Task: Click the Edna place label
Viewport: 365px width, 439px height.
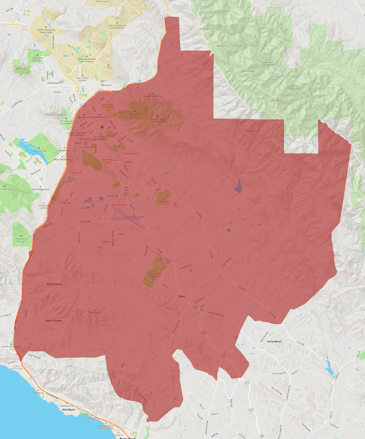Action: pyautogui.click(x=182, y=296)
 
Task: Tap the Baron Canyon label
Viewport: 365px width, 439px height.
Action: pyautogui.click(x=55, y=284)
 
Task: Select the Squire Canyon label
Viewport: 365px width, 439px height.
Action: pyautogui.click(x=54, y=320)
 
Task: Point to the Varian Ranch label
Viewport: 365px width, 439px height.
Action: pyautogui.click(x=274, y=341)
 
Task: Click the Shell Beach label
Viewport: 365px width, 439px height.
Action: pyautogui.click(x=69, y=410)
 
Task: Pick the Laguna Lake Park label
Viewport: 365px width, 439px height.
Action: pyautogui.click(x=39, y=151)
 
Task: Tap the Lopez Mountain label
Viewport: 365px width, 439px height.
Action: pyautogui.click(x=248, y=71)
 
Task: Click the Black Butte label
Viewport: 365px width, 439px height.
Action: pyautogui.click(x=222, y=46)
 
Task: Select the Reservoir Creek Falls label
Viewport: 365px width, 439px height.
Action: pyautogui.click(x=152, y=96)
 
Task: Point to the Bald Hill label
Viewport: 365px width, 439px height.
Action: pyautogui.click(x=250, y=131)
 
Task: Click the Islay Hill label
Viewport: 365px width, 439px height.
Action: pyautogui.click(x=164, y=201)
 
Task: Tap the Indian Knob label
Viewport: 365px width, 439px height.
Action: pyautogui.click(x=95, y=312)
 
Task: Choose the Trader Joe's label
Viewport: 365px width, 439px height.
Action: pyautogui.click(x=66, y=203)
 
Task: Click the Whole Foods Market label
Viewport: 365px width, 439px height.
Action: pyautogui.click(x=40, y=189)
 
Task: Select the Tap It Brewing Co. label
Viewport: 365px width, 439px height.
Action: pyautogui.click(x=119, y=205)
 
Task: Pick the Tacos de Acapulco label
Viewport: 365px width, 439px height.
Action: pyautogui.click(x=131, y=154)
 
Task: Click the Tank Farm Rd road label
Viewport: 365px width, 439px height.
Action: pyautogui.click(x=112, y=196)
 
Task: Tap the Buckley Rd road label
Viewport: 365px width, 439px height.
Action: pyautogui.click(x=86, y=222)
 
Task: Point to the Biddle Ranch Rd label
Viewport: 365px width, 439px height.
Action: pyautogui.click(x=185, y=267)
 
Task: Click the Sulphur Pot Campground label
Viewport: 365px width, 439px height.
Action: pyautogui.click(x=294, y=88)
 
